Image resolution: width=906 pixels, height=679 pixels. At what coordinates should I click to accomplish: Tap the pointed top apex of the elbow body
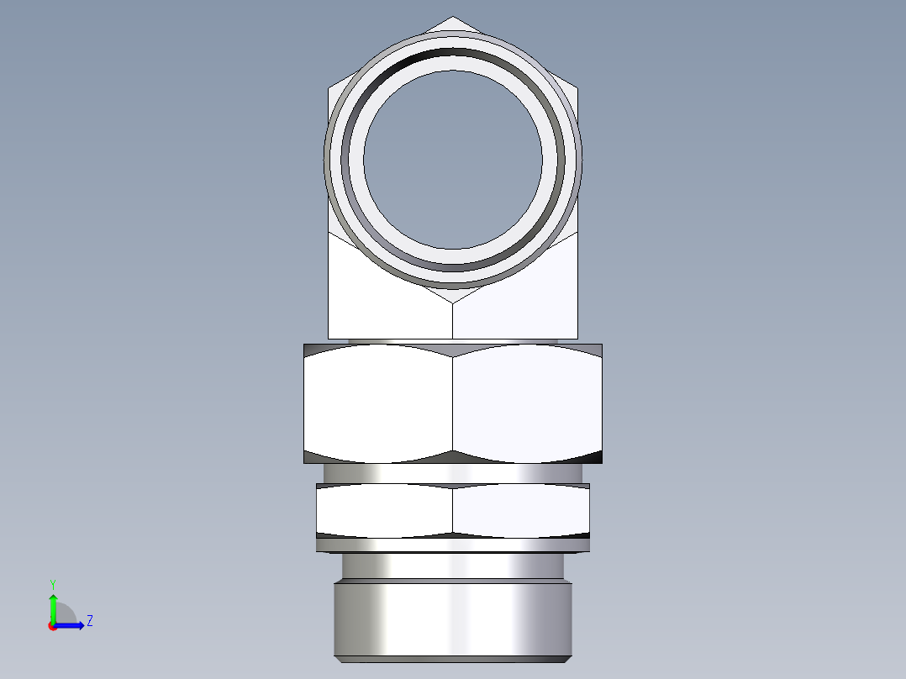point(453,18)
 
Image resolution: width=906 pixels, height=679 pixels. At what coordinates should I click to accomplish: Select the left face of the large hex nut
point(378,403)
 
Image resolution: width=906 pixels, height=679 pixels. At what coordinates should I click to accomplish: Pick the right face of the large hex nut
point(528,403)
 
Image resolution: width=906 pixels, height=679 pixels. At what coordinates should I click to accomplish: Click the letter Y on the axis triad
point(52,582)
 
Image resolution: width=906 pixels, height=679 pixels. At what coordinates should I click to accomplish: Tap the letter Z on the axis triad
point(89,621)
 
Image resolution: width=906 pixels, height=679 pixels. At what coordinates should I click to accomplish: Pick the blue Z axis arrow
point(71,625)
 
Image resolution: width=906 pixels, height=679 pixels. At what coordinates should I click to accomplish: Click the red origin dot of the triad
point(52,626)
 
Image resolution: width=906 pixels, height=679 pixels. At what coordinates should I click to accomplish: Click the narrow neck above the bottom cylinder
point(453,566)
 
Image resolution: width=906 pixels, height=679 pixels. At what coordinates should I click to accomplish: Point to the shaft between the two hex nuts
point(453,474)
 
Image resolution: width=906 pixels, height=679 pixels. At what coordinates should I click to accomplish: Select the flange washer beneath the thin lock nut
point(453,545)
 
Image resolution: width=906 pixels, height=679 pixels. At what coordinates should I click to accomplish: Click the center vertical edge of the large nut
point(453,403)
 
